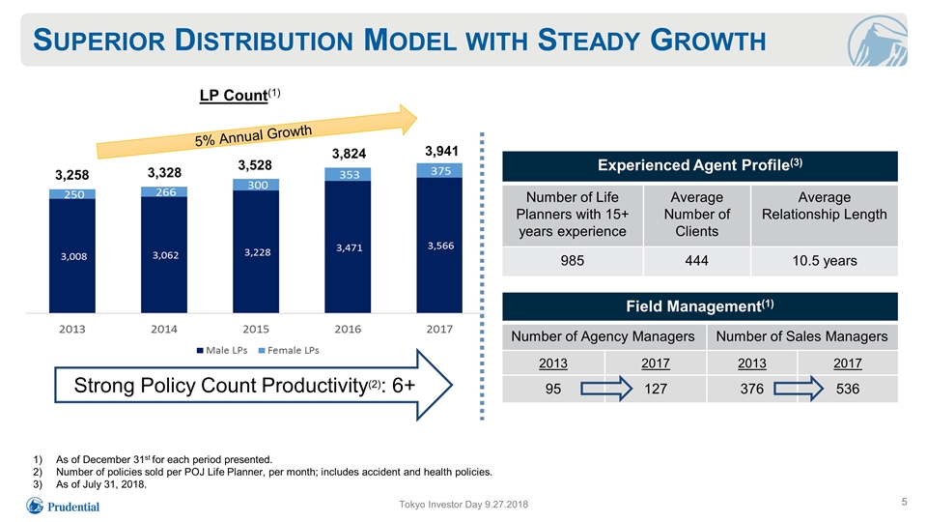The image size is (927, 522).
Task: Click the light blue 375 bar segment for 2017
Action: click(x=439, y=170)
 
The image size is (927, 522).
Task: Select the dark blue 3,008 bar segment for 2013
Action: click(x=72, y=255)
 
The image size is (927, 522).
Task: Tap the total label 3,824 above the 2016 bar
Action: click(x=349, y=154)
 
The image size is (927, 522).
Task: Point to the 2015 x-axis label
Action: click(x=256, y=329)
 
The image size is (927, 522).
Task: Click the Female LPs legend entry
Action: click(x=289, y=350)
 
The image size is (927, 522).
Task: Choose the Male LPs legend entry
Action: click(x=222, y=350)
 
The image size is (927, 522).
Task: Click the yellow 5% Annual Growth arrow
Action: click(x=257, y=132)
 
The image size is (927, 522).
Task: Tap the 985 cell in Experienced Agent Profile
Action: click(x=573, y=260)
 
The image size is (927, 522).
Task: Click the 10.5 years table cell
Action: click(x=824, y=260)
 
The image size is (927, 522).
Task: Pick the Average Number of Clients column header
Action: click(x=696, y=215)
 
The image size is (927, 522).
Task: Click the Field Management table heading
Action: click(x=700, y=306)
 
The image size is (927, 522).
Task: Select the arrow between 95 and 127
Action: click(x=606, y=389)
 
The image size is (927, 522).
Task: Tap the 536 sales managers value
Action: click(x=847, y=389)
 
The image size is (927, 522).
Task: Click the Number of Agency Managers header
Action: click(x=603, y=336)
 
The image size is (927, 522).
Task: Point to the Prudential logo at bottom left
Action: click(x=64, y=506)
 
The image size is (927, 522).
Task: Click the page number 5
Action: click(x=904, y=502)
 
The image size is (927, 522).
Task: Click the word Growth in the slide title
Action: click(x=708, y=41)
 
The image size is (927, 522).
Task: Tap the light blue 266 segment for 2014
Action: click(x=164, y=191)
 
